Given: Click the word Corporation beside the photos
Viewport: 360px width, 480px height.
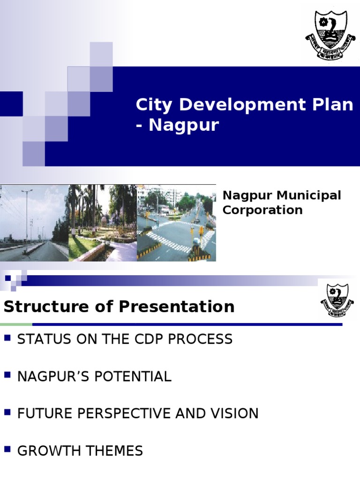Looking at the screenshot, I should [262, 210].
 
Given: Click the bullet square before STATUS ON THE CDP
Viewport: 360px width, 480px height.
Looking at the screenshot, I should [7, 337].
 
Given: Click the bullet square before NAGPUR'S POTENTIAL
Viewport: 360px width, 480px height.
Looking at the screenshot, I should [7, 375].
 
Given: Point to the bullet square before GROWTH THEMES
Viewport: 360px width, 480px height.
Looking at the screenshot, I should [7, 450].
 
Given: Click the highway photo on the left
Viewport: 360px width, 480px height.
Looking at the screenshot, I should [34, 223].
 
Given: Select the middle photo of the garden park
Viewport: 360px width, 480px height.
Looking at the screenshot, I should [103, 223].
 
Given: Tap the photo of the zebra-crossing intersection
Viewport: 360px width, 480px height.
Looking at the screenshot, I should [176, 223].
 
